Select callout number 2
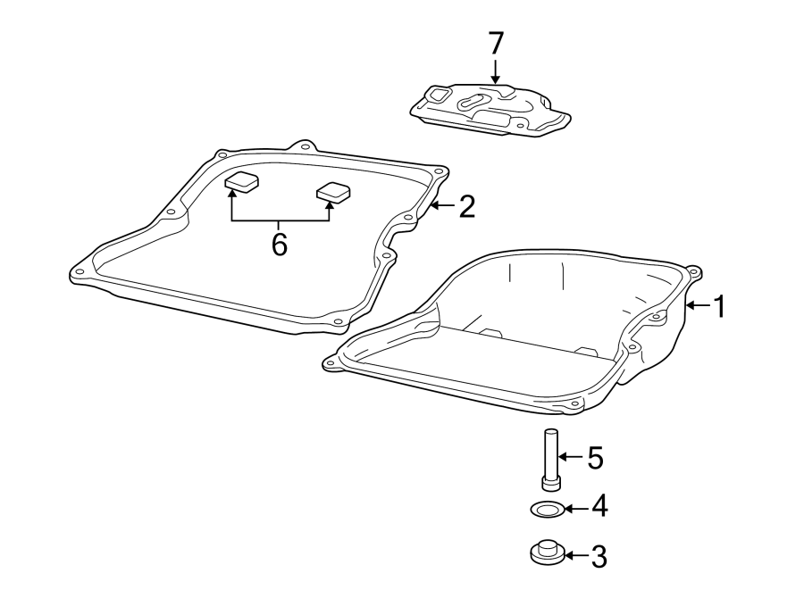tap(465, 207)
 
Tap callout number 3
tap(598, 557)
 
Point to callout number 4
tap(598, 507)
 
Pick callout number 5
tap(594, 459)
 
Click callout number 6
tap(280, 244)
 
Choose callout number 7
tap(496, 44)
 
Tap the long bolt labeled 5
tap(550, 459)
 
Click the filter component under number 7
tap(489, 109)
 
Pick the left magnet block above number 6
tap(241, 183)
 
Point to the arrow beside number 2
tap(442, 208)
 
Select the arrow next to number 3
tap(574, 557)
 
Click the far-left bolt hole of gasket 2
tap(80, 273)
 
